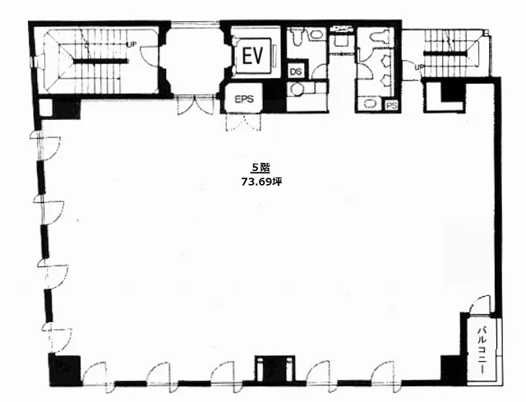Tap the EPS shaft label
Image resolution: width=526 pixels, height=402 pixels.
[244, 99]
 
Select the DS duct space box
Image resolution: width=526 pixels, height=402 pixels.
[296, 72]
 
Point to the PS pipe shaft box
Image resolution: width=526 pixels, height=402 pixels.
[391, 105]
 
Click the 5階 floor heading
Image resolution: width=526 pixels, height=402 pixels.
[261, 168]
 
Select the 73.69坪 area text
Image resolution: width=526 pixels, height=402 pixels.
[261, 182]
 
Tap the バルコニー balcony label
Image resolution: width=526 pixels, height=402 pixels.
[482, 350]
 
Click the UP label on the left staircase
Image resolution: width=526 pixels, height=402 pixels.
[131, 44]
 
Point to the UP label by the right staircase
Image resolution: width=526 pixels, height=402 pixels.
[419, 67]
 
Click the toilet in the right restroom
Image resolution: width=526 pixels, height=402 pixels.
[381, 35]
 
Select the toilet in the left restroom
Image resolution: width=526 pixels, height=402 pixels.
[297, 37]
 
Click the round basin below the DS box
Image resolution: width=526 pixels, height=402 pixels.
[297, 89]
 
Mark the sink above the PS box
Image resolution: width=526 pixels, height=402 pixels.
[369, 104]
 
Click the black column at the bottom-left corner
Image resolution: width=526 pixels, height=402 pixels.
[65, 370]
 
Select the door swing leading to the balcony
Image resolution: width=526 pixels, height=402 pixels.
[480, 305]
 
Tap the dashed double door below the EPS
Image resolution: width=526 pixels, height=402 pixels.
[244, 122]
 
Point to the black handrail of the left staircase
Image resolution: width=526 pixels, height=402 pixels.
[100, 61]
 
